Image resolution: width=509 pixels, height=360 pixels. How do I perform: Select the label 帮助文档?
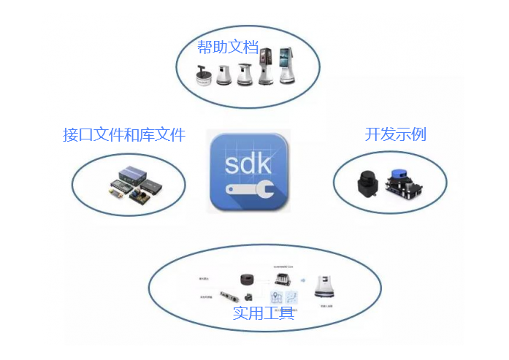point(228,47)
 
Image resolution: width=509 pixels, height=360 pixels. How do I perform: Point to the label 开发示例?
point(395,134)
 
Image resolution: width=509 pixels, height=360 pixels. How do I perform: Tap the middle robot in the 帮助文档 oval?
point(245,73)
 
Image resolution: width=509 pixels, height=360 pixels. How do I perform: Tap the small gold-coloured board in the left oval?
point(115,191)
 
